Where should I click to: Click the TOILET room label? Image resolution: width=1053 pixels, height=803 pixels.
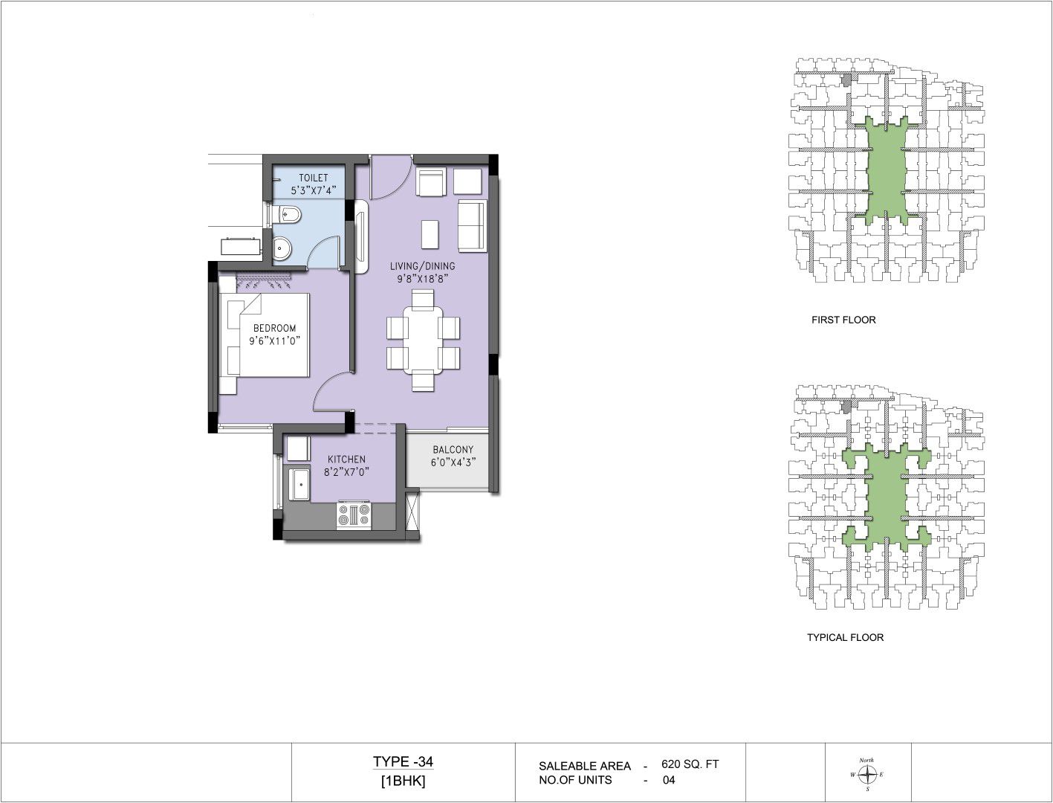click(314, 178)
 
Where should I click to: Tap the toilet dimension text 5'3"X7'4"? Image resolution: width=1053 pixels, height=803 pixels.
click(314, 190)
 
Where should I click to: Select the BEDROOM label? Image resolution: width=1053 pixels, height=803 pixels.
click(274, 329)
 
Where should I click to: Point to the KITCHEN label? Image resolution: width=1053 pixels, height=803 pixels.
click(346, 459)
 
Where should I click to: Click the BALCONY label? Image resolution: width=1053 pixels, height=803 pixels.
click(453, 450)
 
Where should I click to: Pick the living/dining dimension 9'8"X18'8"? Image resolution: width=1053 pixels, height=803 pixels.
click(422, 279)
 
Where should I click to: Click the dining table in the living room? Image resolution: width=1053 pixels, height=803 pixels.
click(423, 341)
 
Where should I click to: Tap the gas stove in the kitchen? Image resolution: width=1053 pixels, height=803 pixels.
click(354, 515)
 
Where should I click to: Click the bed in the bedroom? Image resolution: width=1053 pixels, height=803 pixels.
click(264, 335)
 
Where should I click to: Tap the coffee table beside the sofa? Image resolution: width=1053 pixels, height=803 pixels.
click(430, 233)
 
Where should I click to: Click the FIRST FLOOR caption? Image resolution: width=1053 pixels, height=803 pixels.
click(843, 320)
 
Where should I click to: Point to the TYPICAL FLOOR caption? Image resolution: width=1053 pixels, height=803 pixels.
click(845, 637)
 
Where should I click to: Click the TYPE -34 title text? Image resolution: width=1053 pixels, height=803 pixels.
click(403, 761)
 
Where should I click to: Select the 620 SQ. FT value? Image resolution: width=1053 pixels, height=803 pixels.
click(690, 764)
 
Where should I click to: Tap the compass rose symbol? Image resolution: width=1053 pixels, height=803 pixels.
click(867, 774)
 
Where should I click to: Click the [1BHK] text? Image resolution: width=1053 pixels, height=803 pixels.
click(403, 781)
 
